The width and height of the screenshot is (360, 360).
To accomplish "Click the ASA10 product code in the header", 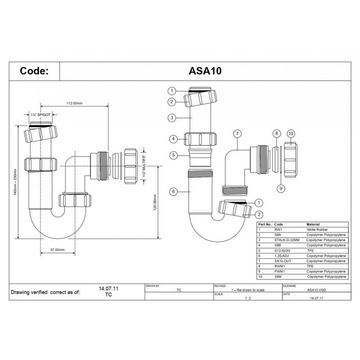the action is (205, 71).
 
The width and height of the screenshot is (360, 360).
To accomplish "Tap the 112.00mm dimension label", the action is (75, 103).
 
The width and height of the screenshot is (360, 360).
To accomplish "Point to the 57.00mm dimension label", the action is (58, 250).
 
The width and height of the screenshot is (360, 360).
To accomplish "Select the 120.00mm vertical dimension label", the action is (155, 202).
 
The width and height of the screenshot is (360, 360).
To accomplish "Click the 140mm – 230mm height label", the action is (15, 182).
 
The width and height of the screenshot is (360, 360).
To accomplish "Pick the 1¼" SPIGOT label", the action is (41, 115).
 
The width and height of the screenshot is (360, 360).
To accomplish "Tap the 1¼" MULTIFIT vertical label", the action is (144, 166).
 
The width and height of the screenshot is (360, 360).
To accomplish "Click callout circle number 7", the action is (237, 134).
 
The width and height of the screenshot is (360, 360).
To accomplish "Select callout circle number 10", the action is (291, 134).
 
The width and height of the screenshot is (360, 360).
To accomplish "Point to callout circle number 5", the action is (174, 155).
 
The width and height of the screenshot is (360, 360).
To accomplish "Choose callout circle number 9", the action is (281, 189).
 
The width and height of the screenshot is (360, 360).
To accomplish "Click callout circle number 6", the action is (174, 191).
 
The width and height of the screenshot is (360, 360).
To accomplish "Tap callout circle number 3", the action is (172, 118).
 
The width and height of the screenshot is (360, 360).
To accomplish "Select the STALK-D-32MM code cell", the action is (287, 240).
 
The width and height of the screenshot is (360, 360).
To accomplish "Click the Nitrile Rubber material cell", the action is (317, 229).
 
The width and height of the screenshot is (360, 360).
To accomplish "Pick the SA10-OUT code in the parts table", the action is (283, 261).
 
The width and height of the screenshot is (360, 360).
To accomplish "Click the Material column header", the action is (313, 224).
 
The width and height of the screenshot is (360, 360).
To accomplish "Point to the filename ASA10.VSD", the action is (316, 290).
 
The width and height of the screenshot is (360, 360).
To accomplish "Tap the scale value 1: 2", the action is (248, 298).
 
